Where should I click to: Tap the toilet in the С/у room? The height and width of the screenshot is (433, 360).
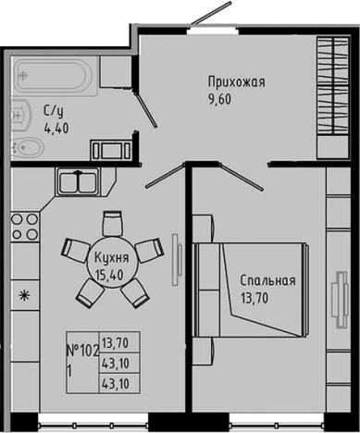coord(27,149)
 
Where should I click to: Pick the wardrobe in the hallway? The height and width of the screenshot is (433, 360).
coord(329,97)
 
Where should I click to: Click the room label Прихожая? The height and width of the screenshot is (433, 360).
coord(235,81)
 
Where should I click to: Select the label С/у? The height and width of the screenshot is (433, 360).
coord(53,112)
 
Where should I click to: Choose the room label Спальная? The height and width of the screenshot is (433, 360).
coord(267,281)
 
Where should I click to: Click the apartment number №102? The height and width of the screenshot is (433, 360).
coord(84,350)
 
